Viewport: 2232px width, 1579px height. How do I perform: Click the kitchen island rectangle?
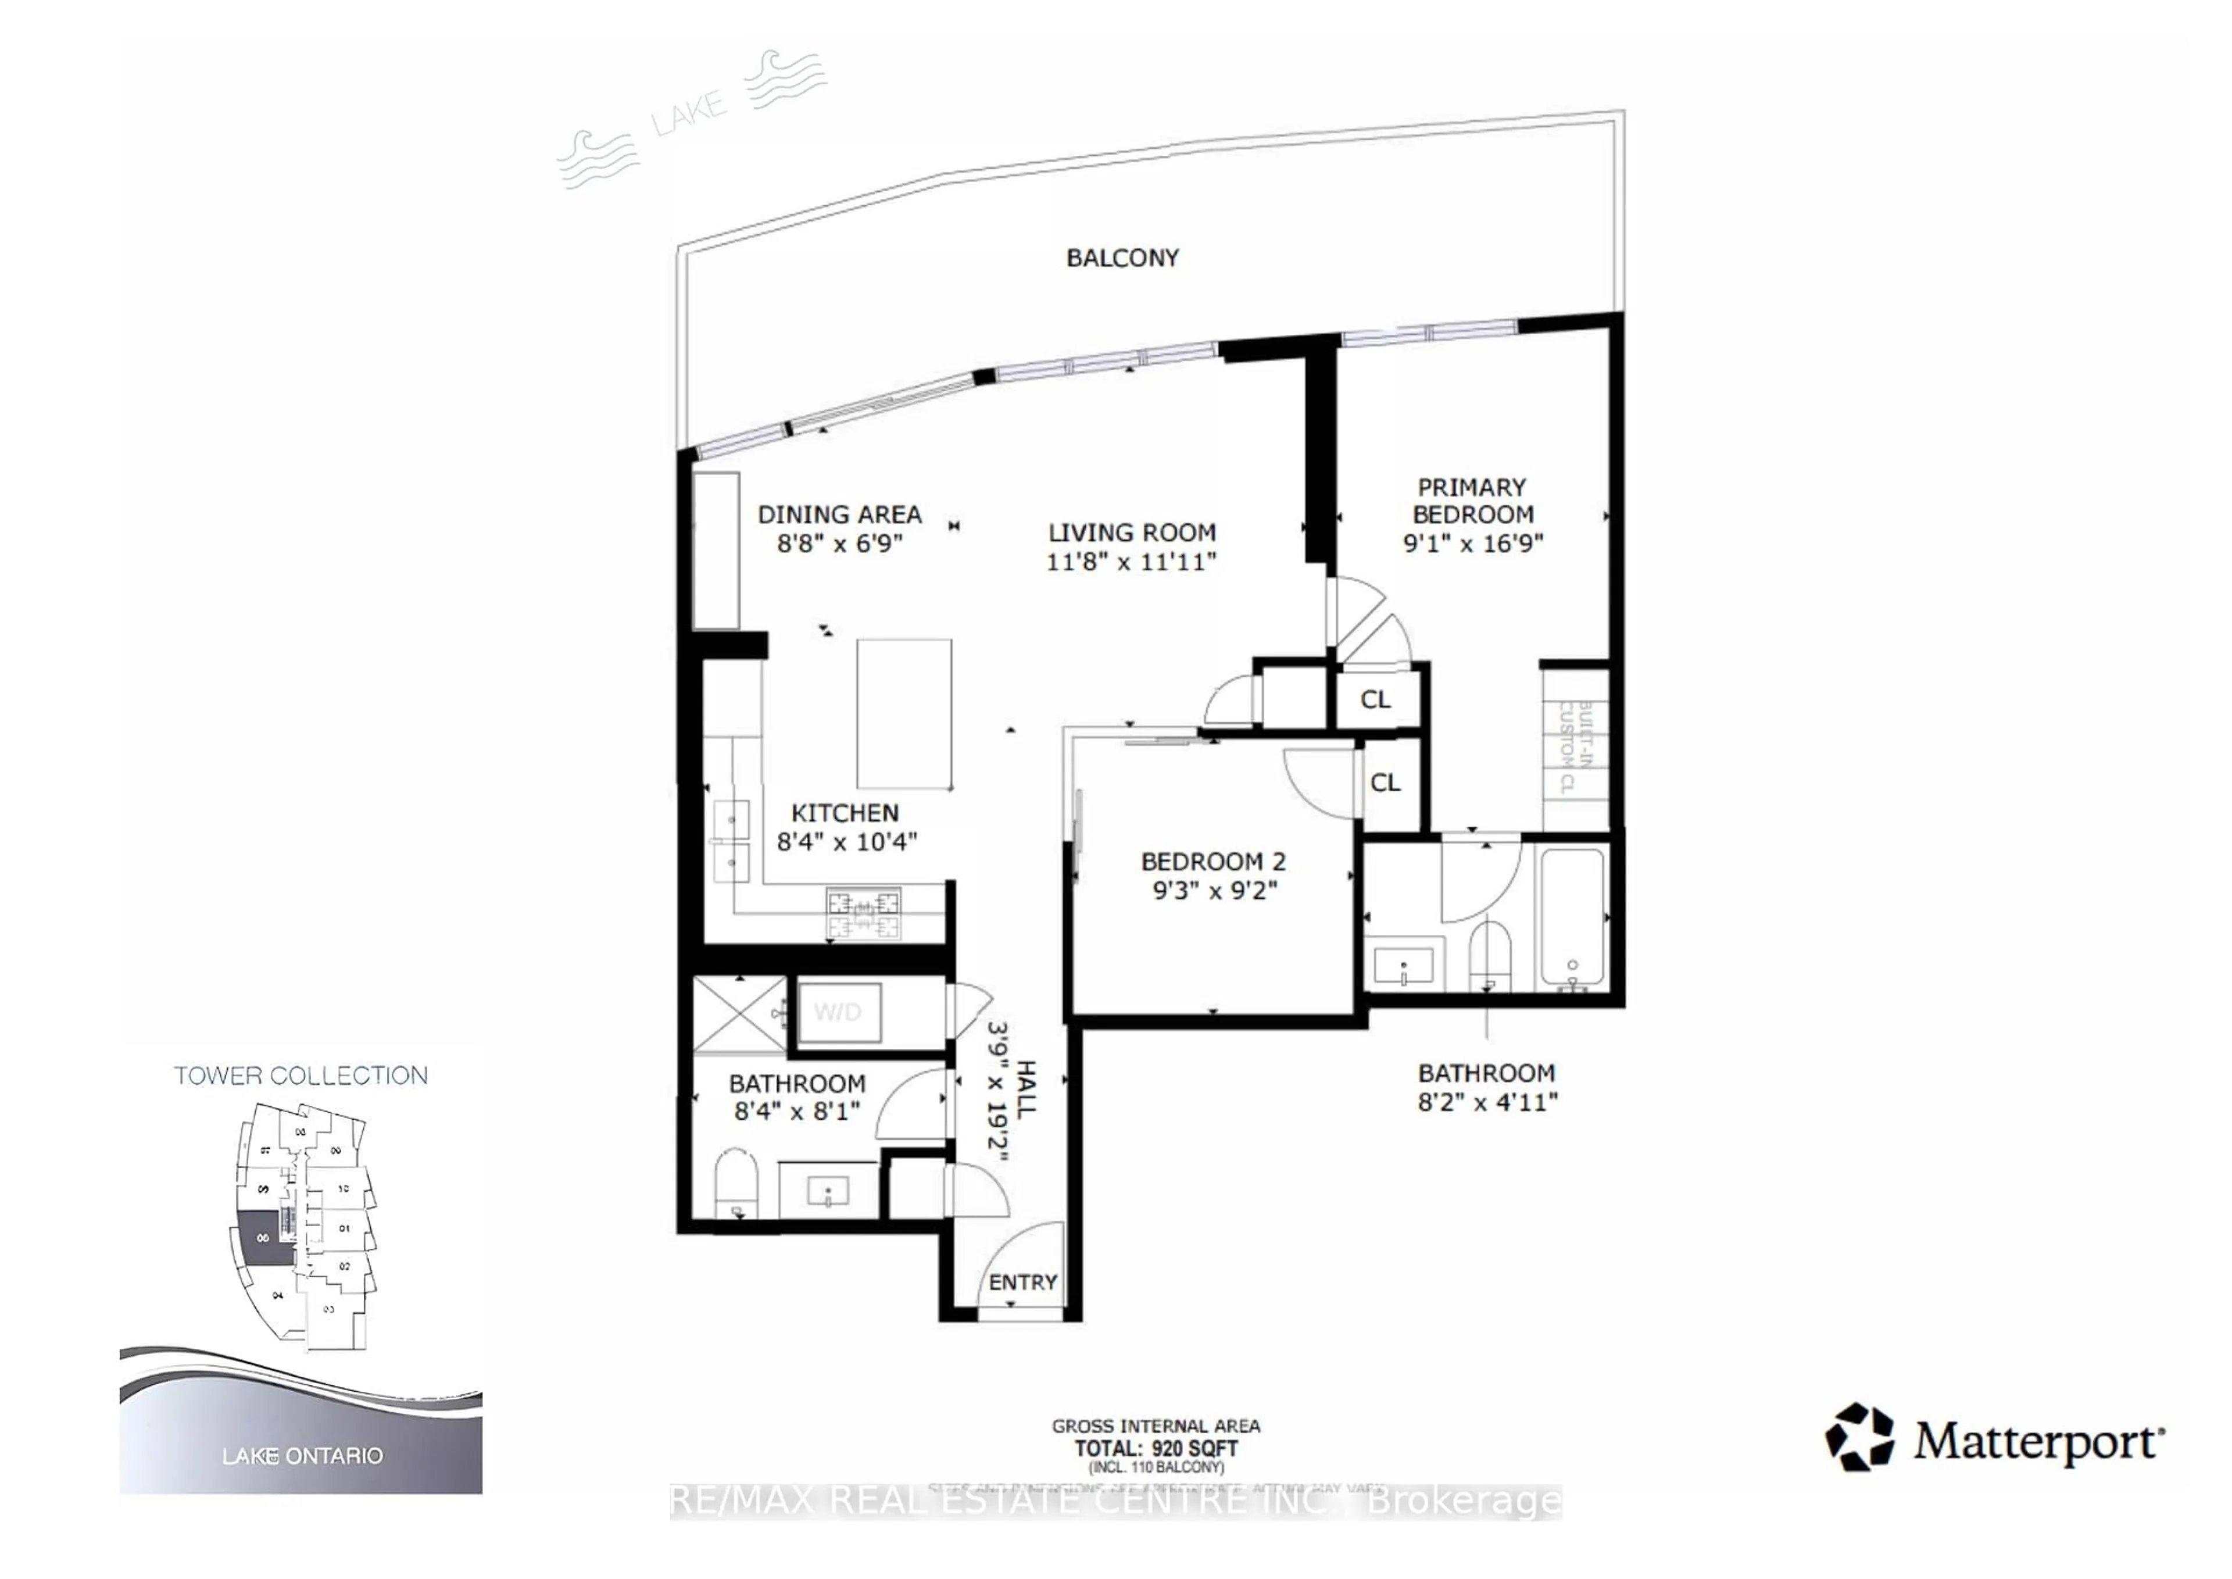pos(903,713)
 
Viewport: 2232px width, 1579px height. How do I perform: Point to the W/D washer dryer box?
pos(839,1012)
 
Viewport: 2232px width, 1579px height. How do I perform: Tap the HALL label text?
pos(1025,1088)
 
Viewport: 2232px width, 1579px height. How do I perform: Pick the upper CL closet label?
pos(1375,699)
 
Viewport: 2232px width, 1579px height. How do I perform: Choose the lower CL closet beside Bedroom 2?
pos(1385,783)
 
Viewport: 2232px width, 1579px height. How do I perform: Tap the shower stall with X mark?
pos(739,1014)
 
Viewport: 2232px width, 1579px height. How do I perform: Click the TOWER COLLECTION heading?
pos(301,1076)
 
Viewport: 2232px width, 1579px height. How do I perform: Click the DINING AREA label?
pos(839,515)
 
